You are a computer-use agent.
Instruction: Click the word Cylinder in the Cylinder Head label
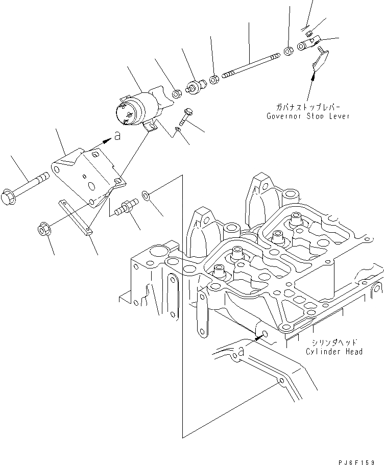324,352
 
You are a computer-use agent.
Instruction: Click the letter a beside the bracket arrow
117,136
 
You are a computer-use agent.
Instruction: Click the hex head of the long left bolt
12,194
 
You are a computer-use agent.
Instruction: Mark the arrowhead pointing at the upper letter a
107,139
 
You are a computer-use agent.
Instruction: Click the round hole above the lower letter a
263,335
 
